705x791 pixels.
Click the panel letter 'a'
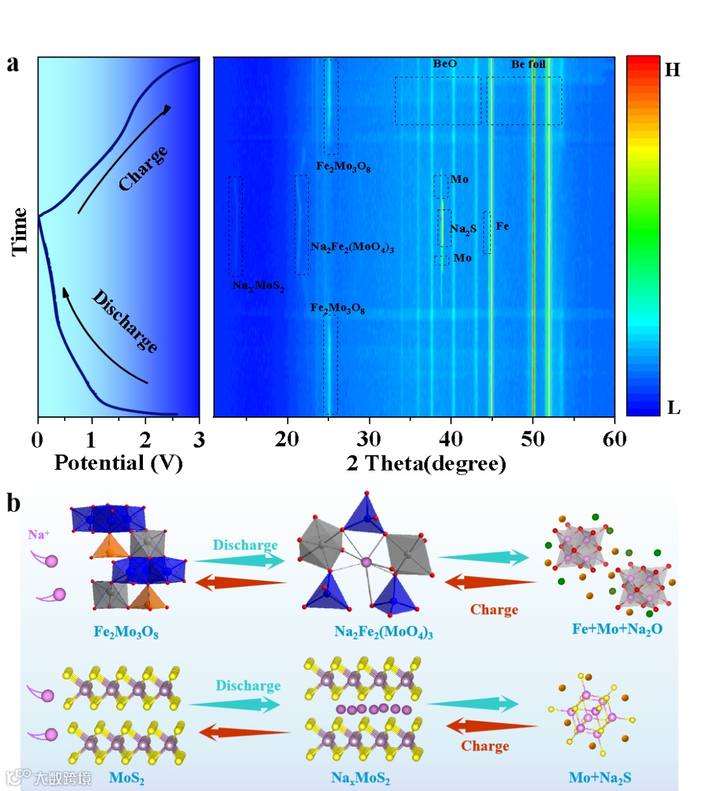pos(12,64)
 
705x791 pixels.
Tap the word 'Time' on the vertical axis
pos(20,231)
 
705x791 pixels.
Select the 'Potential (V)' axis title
pos(118,463)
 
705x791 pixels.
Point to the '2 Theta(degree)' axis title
pos(426,463)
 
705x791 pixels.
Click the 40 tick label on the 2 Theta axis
pos(451,439)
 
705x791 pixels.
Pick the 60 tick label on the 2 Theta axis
pos(614,439)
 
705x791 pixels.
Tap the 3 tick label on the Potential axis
pos(199,439)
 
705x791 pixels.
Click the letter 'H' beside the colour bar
pos(672,70)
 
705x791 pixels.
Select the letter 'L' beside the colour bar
pos(674,409)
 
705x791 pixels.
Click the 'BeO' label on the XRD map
pos(445,64)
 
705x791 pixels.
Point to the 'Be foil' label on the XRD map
pos(528,64)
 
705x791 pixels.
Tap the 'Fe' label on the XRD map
pos(502,226)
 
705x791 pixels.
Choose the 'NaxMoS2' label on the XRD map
pos(258,286)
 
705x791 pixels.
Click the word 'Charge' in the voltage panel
pos(143,168)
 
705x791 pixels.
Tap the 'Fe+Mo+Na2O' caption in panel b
pos(617,629)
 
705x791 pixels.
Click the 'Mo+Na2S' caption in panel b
pos(600,778)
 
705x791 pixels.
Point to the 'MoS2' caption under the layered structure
pos(127,778)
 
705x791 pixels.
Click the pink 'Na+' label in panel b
pos(39,535)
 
